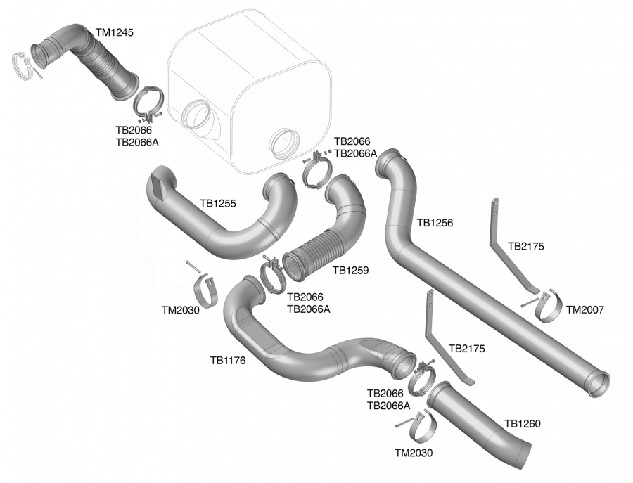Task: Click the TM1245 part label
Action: [114, 32]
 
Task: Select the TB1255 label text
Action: [217, 203]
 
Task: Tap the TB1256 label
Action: [435, 223]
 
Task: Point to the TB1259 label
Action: [351, 269]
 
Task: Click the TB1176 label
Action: [228, 360]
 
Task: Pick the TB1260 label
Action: [522, 424]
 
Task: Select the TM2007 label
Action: [584, 309]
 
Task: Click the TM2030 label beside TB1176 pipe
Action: [179, 309]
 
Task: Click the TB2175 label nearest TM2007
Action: [526, 247]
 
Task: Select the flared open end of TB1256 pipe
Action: [599, 383]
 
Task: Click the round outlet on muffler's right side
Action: [286, 141]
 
